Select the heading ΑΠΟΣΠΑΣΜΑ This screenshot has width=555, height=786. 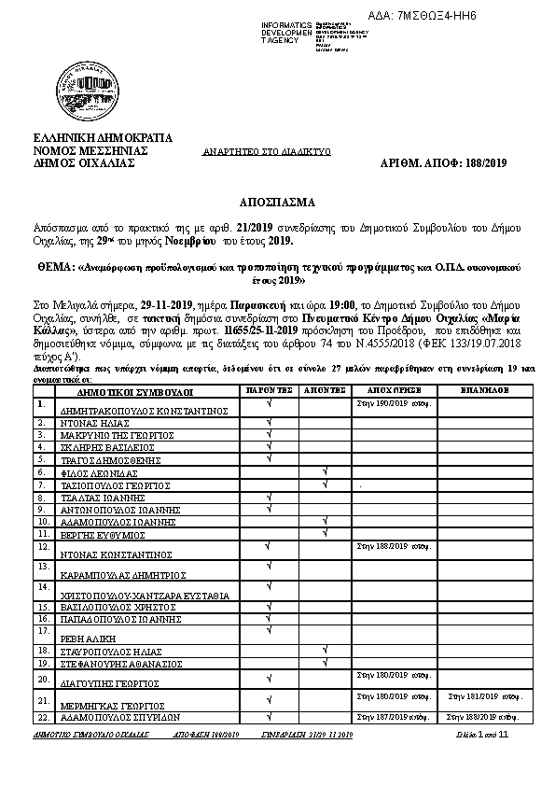(277, 201)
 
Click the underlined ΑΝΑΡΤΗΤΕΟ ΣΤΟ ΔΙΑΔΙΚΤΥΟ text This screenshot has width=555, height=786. (268, 150)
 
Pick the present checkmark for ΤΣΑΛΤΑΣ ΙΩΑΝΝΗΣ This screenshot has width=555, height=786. (268, 497)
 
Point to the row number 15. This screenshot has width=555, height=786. (42, 606)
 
